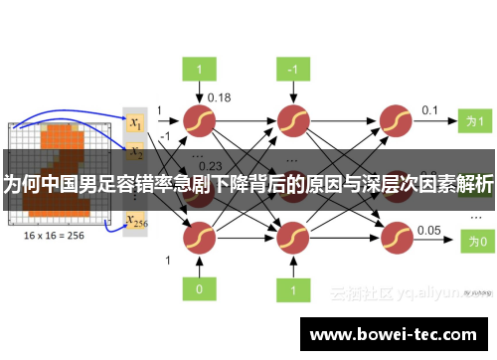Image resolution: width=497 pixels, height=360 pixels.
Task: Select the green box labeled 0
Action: [199, 288]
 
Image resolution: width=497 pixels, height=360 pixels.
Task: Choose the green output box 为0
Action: [476, 240]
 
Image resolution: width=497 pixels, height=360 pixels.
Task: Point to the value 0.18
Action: [219, 96]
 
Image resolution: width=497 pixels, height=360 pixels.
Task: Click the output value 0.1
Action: [429, 109]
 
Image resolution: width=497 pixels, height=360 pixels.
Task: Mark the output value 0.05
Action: [429, 230]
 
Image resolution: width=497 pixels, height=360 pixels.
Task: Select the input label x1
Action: [135, 122]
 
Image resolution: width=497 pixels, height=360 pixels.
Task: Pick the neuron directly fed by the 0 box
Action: [199, 239]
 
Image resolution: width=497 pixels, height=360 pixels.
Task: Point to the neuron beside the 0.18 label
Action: [199, 119]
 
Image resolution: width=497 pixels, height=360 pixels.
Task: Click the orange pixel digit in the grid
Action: [60, 159]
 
